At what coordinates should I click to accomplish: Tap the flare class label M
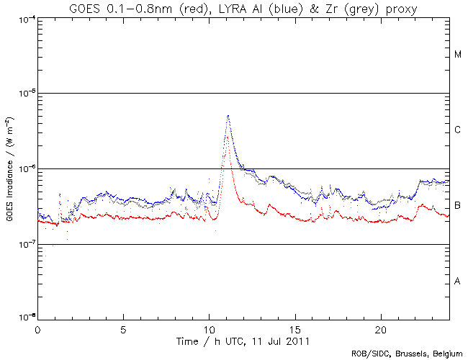(458, 55)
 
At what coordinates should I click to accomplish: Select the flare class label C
(458, 130)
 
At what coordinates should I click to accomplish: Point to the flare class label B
(458, 206)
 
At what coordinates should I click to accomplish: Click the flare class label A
(458, 282)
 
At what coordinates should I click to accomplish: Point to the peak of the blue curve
(228, 115)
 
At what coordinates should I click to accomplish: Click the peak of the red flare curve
(228, 135)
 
